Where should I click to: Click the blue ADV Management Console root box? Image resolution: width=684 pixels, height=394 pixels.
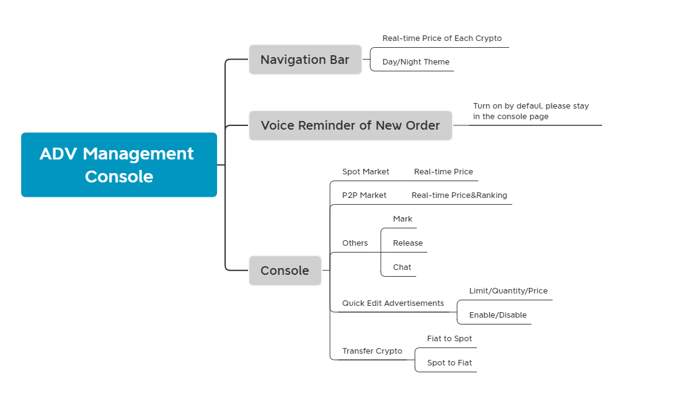[119, 165]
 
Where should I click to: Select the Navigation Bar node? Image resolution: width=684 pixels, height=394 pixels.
[305, 60]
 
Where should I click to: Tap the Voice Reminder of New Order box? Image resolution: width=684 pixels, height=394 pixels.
[350, 126]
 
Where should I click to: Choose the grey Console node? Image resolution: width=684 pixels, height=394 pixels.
[285, 271]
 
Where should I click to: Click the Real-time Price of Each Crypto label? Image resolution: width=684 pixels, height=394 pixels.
[442, 38]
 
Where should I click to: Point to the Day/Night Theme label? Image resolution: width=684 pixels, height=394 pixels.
[415, 62]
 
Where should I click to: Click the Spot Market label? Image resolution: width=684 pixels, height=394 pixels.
[365, 172]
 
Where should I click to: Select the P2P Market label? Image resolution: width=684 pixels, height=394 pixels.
[364, 195]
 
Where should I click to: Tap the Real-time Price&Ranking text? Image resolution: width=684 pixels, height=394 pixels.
[460, 195]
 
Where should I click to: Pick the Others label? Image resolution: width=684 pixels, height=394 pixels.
[355, 243]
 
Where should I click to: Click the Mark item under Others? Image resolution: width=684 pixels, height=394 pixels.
[402, 219]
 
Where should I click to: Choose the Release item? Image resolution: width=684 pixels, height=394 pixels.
[408, 243]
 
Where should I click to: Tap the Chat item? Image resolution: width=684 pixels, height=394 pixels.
[402, 267]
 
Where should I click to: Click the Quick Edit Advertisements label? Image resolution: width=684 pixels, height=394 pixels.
[393, 303]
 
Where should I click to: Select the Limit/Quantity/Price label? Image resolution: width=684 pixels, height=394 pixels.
[509, 291]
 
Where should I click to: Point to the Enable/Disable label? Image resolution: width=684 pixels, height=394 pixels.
[498, 315]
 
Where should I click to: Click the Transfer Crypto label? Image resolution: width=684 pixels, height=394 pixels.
[372, 351]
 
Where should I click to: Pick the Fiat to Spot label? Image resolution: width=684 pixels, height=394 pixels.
[450, 339]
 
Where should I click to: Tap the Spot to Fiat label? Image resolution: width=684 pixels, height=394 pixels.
[450, 363]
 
